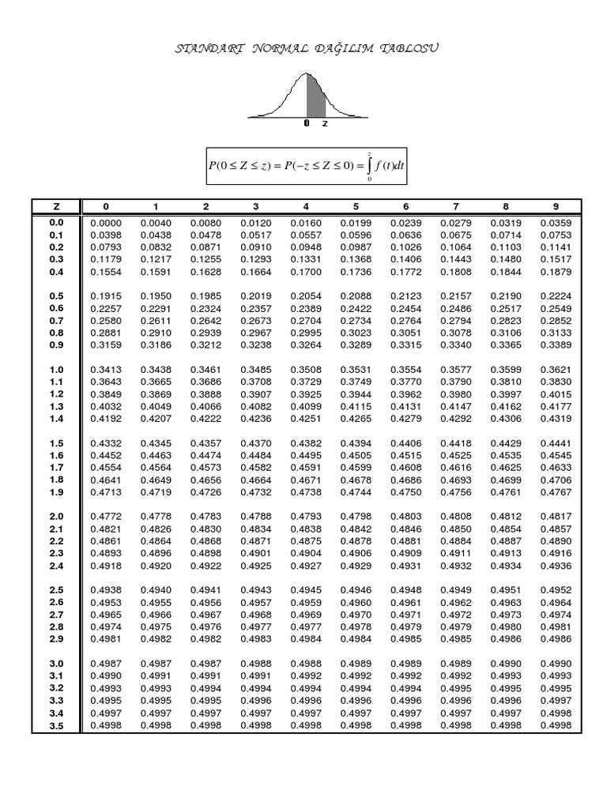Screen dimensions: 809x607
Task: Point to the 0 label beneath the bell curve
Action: (307, 124)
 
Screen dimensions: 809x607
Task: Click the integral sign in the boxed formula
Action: (369, 166)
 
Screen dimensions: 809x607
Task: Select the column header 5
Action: (356, 207)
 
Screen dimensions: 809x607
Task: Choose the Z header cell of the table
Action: (56, 207)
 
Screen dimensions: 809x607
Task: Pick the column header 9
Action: (555, 207)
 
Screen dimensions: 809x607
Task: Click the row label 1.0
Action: (56, 370)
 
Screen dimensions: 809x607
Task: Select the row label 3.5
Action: (56, 725)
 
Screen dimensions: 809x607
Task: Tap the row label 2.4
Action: (56, 566)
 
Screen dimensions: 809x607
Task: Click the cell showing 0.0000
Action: (105, 224)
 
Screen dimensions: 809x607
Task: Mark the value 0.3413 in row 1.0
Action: (105, 370)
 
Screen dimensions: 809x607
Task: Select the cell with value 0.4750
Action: (405, 492)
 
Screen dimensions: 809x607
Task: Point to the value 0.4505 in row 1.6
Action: (356, 456)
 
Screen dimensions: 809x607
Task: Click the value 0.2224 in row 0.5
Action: (555, 296)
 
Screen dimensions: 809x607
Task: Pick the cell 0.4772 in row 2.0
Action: (105, 517)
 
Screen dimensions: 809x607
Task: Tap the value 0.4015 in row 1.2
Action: (555, 394)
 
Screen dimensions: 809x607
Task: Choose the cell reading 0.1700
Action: (305, 272)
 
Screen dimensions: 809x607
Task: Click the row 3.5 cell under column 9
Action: (555, 725)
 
